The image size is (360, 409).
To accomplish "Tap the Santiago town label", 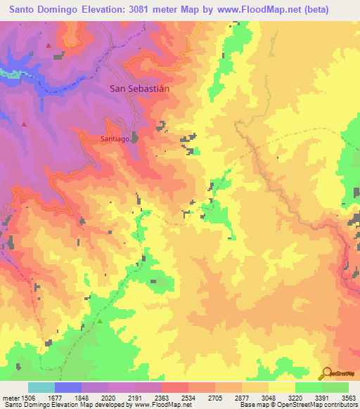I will (113, 139).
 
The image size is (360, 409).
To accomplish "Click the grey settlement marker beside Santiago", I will (135, 138).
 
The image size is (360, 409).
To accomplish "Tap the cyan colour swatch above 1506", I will (41, 387).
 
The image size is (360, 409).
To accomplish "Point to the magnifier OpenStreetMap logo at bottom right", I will (325, 372).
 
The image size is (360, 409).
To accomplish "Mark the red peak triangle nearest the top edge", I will (49, 46).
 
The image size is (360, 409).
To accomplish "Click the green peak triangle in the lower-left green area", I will (100, 320).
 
